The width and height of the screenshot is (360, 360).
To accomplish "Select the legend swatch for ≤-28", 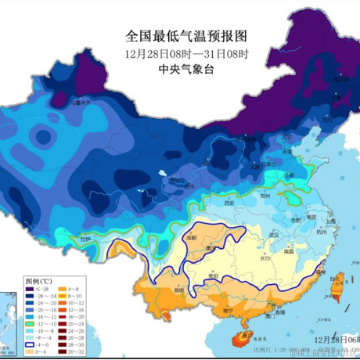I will click(x=30, y=288).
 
